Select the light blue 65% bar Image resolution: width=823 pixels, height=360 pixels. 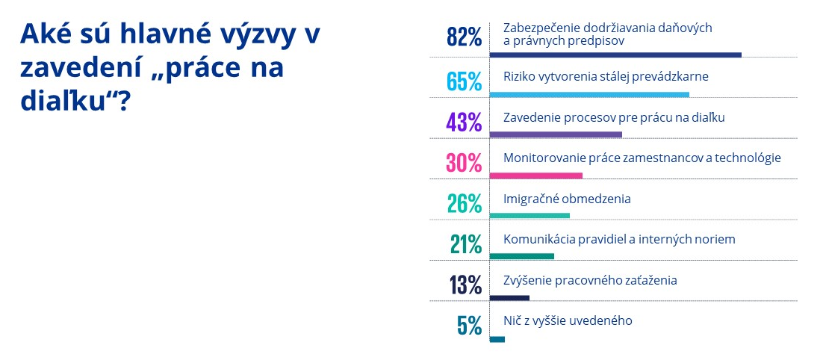[x=589, y=95]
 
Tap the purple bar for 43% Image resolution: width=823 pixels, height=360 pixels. [x=556, y=134]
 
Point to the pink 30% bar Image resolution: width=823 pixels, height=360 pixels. [x=535, y=176]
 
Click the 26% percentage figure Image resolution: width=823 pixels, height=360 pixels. [x=463, y=202]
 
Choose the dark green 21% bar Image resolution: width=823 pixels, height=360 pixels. [x=521, y=256]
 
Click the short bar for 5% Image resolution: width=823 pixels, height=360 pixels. [x=497, y=339]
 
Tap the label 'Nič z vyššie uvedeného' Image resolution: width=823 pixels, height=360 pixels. [x=568, y=320]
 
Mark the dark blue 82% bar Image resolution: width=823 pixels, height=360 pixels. [x=615, y=55]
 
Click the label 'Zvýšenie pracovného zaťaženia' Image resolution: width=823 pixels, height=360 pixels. [x=590, y=280]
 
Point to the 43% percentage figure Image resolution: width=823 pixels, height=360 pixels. [x=463, y=121]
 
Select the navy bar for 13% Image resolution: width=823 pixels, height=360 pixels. [x=509, y=297]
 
